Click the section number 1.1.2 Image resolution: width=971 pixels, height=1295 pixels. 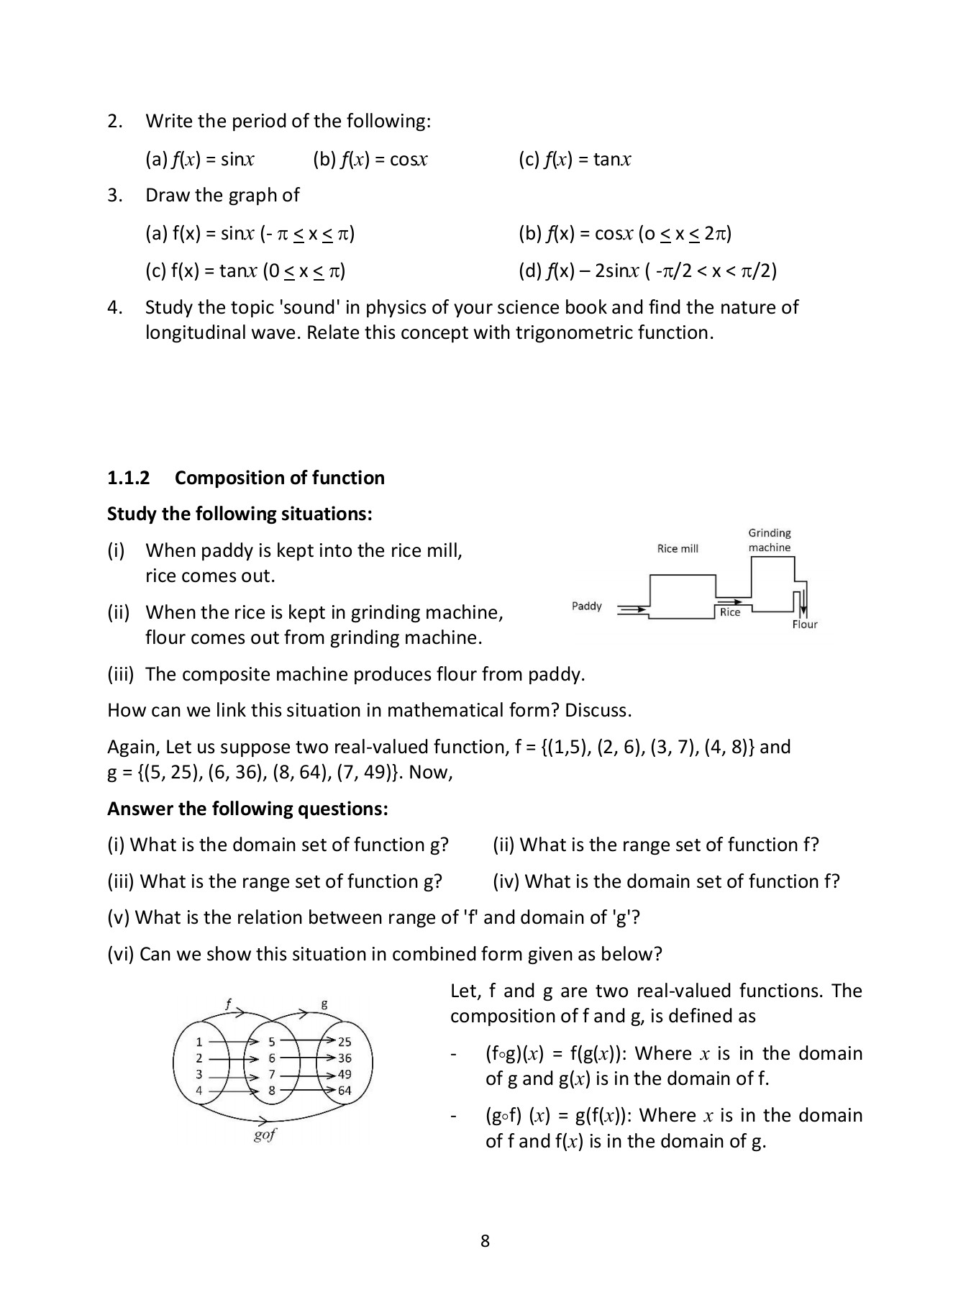(129, 478)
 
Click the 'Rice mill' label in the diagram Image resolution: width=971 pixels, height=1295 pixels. (678, 549)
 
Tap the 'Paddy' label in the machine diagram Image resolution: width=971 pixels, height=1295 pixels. (586, 606)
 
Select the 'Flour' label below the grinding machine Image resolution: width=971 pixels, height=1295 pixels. (805, 624)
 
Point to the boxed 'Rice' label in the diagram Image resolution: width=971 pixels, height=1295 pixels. (729, 612)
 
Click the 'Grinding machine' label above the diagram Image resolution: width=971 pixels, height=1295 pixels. (769, 540)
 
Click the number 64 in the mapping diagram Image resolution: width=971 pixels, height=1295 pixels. (345, 1091)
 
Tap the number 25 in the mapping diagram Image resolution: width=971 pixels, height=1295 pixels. (345, 1042)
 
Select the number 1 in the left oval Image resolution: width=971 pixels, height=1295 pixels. (199, 1042)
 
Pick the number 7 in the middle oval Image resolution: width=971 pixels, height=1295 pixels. (272, 1075)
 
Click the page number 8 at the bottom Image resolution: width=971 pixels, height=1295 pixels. (485, 1241)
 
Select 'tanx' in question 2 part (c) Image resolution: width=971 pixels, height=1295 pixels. (612, 160)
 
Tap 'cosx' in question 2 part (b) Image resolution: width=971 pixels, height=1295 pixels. (409, 160)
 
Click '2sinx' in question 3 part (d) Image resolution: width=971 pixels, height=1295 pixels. (616, 271)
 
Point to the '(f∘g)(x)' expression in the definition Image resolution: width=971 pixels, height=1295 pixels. (514, 1054)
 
